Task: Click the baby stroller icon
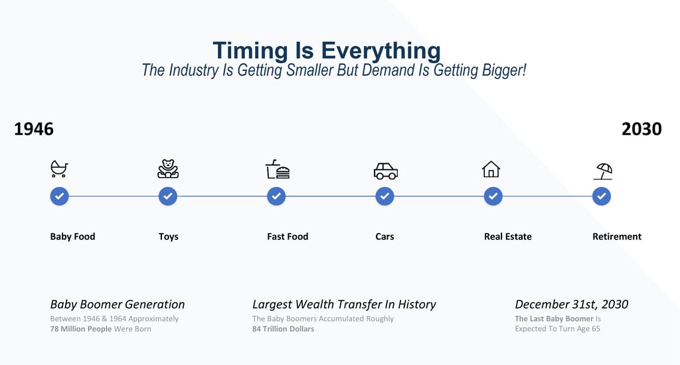tap(59, 169)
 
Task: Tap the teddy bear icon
tap(168, 169)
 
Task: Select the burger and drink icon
tap(278, 169)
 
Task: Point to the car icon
tap(386, 171)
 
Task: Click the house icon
tap(491, 169)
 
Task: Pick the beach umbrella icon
tap(603, 171)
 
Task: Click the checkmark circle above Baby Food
tap(59, 196)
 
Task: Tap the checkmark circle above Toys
tap(168, 196)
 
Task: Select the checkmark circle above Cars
tap(384, 196)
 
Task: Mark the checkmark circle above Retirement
tap(602, 196)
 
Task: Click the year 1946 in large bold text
tap(34, 129)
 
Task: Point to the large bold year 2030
tap(641, 129)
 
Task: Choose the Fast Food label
tap(288, 237)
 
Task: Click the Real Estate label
tap(508, 237)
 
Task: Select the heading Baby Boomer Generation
tap(118, 305)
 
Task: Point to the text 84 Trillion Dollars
tap(283, 329)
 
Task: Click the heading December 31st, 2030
tap(572, 305)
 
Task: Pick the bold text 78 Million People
tap(80, 329)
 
